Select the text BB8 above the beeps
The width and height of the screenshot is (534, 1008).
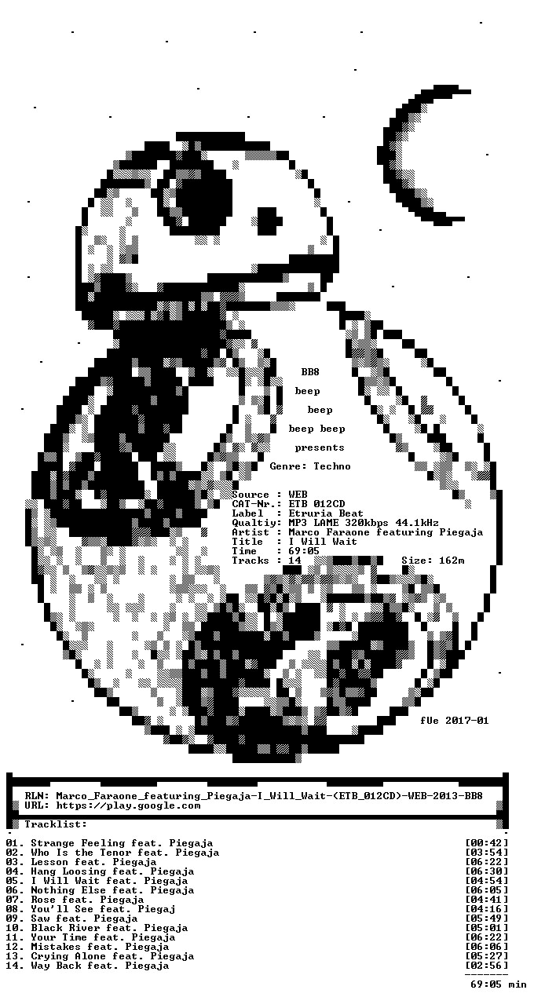310,372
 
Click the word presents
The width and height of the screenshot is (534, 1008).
320,447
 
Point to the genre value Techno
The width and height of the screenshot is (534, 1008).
332,466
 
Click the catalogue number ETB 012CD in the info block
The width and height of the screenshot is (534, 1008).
317,504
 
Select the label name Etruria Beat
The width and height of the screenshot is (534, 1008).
326,513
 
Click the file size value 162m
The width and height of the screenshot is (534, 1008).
452,561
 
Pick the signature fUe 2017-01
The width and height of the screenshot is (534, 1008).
455,721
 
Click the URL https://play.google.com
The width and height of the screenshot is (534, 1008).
128,805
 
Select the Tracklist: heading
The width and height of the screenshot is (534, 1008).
56,824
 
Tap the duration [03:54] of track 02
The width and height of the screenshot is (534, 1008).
486,853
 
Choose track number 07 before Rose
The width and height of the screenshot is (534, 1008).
12,900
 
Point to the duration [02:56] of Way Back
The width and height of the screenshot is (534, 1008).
486,966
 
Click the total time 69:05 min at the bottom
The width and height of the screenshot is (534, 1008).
499,984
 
